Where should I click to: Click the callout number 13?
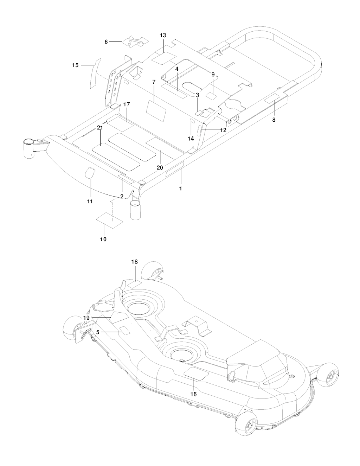pos(163,36)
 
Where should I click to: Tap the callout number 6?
pos(106,42)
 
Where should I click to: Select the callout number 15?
pos(75,65)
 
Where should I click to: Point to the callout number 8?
pos(274,120)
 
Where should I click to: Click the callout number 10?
pos(103,239)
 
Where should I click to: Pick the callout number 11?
pos(90,202)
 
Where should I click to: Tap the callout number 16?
pos(193,394)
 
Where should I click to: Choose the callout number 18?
pos(135,262)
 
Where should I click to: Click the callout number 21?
pos(100,128)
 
